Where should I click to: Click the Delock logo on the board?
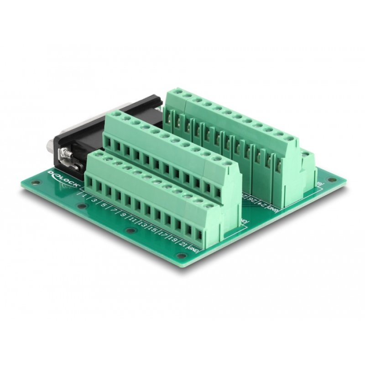coord(63,180)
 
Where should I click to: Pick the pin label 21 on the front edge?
coord(184,239)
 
